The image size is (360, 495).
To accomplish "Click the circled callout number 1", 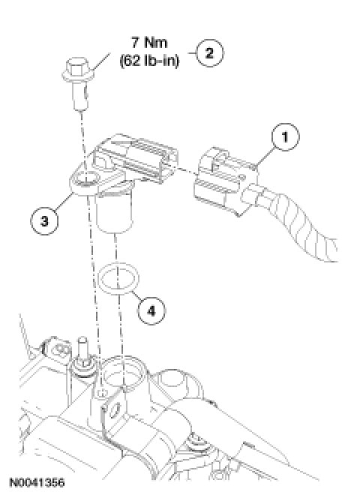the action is (285, 137).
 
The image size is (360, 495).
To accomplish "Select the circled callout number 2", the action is (210, 52).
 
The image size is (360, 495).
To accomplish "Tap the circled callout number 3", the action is (44, 220).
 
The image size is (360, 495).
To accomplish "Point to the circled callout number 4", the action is (151, 311).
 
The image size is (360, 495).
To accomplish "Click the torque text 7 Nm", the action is (149, 43).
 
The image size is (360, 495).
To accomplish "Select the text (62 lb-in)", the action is (149, 60).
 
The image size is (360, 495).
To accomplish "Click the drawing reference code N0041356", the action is (37, 482).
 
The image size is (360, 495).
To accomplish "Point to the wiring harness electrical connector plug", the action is (226, 181).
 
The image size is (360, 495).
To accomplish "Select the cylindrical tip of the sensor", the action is (114, 213).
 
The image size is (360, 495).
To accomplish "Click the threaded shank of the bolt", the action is (80, 94).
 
